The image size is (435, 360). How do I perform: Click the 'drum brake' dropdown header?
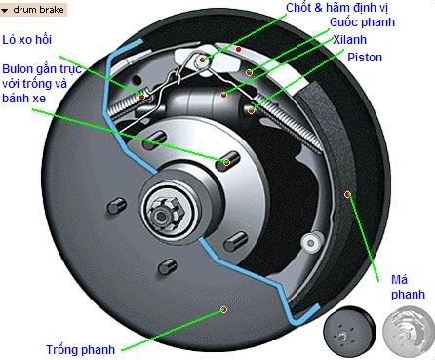(x=33, y=10)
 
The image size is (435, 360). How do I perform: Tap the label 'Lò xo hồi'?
(x=27, y=40)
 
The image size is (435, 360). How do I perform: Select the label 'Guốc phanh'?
(x=362, y=22)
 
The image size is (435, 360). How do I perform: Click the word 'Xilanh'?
(x=349, y=40)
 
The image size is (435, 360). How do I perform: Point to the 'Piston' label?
(x=365, y=58)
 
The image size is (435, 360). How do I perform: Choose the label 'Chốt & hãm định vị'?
(x=337, y=8)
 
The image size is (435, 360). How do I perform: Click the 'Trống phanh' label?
(x=81, y=350)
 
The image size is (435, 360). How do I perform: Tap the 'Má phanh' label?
(x=408, y=287)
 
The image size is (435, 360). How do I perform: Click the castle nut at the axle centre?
(x=165, y=214)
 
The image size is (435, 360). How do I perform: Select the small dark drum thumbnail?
(x=349, y=332)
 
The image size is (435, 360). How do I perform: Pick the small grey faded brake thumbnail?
(x=409, y=333)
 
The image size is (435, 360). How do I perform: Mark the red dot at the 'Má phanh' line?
(x=347, y=194)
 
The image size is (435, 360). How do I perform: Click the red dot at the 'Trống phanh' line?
(x=223, y=309)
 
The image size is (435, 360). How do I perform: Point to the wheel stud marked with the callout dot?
(x=227, y=160)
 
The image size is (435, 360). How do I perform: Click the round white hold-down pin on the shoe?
(x=312, y=243)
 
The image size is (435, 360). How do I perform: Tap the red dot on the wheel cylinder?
(x=223, y=95)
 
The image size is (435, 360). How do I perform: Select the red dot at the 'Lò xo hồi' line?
(x=142, y=97)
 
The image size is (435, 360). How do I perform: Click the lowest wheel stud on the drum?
(x=168, y=266)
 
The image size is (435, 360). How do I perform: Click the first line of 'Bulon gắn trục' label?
(x=41, y=69)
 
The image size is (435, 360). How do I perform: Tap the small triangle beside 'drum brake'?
(x=5, y=11)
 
